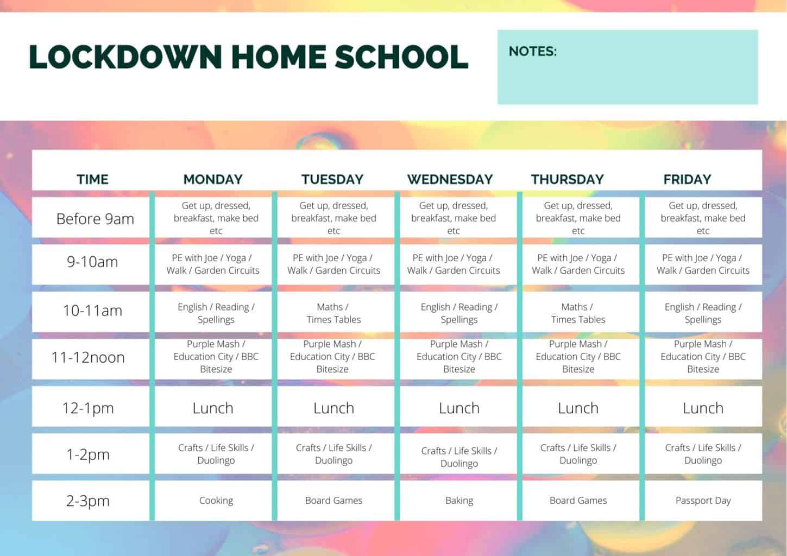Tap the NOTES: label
pyautogui.click(x=532, y=52)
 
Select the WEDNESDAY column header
pyautogui.click(x=450, y=179)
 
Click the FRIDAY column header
pyautogui.click(x=687, y=179)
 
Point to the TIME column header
pyautogui.click(x=92, y=179)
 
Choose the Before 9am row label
pyautogui.click(x=95, y=219)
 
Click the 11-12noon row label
pyautogui.click(x=88, y=357)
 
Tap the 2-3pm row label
pyautogui.click(x=88, y=501)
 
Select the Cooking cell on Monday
pyautogui.click(x=216, y=501)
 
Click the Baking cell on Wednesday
pyautogui.click(x=459, y=501)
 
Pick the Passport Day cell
pyautogui.click(x=703, y=501)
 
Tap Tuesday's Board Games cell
pyautogui.click(x=333, y=501)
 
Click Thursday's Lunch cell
pyautogui.click(x=578, y=408)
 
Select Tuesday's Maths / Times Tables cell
pyautogui.click(x=333, y=313)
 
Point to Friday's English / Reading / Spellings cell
pyautogui.click(x=703, y=313)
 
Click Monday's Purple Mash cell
pyautogui.click(x=216, y=357)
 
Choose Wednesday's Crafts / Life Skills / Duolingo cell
pyautogui.click(x=459, y=457)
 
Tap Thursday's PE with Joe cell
pyautogui.click(x=578, y=264)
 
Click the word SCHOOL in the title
pyautogui.click(x=401, y=57)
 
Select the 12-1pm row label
pyautogui.click(x=88, y=408)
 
